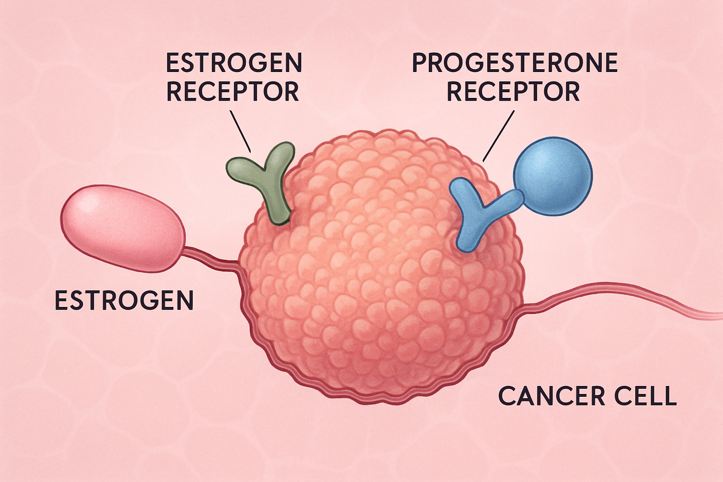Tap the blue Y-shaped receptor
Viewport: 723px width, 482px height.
(478, 213)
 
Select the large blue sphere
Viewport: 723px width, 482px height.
(553, 176)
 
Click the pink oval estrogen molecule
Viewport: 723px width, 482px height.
(123, 228)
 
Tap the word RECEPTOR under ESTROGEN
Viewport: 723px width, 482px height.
(233, 91)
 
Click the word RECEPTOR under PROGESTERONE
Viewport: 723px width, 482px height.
(513, 91)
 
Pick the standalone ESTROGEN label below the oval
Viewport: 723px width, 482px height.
(124, 300)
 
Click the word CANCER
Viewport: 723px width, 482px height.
(552, 396)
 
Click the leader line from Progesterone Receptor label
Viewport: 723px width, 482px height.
(498, 136)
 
